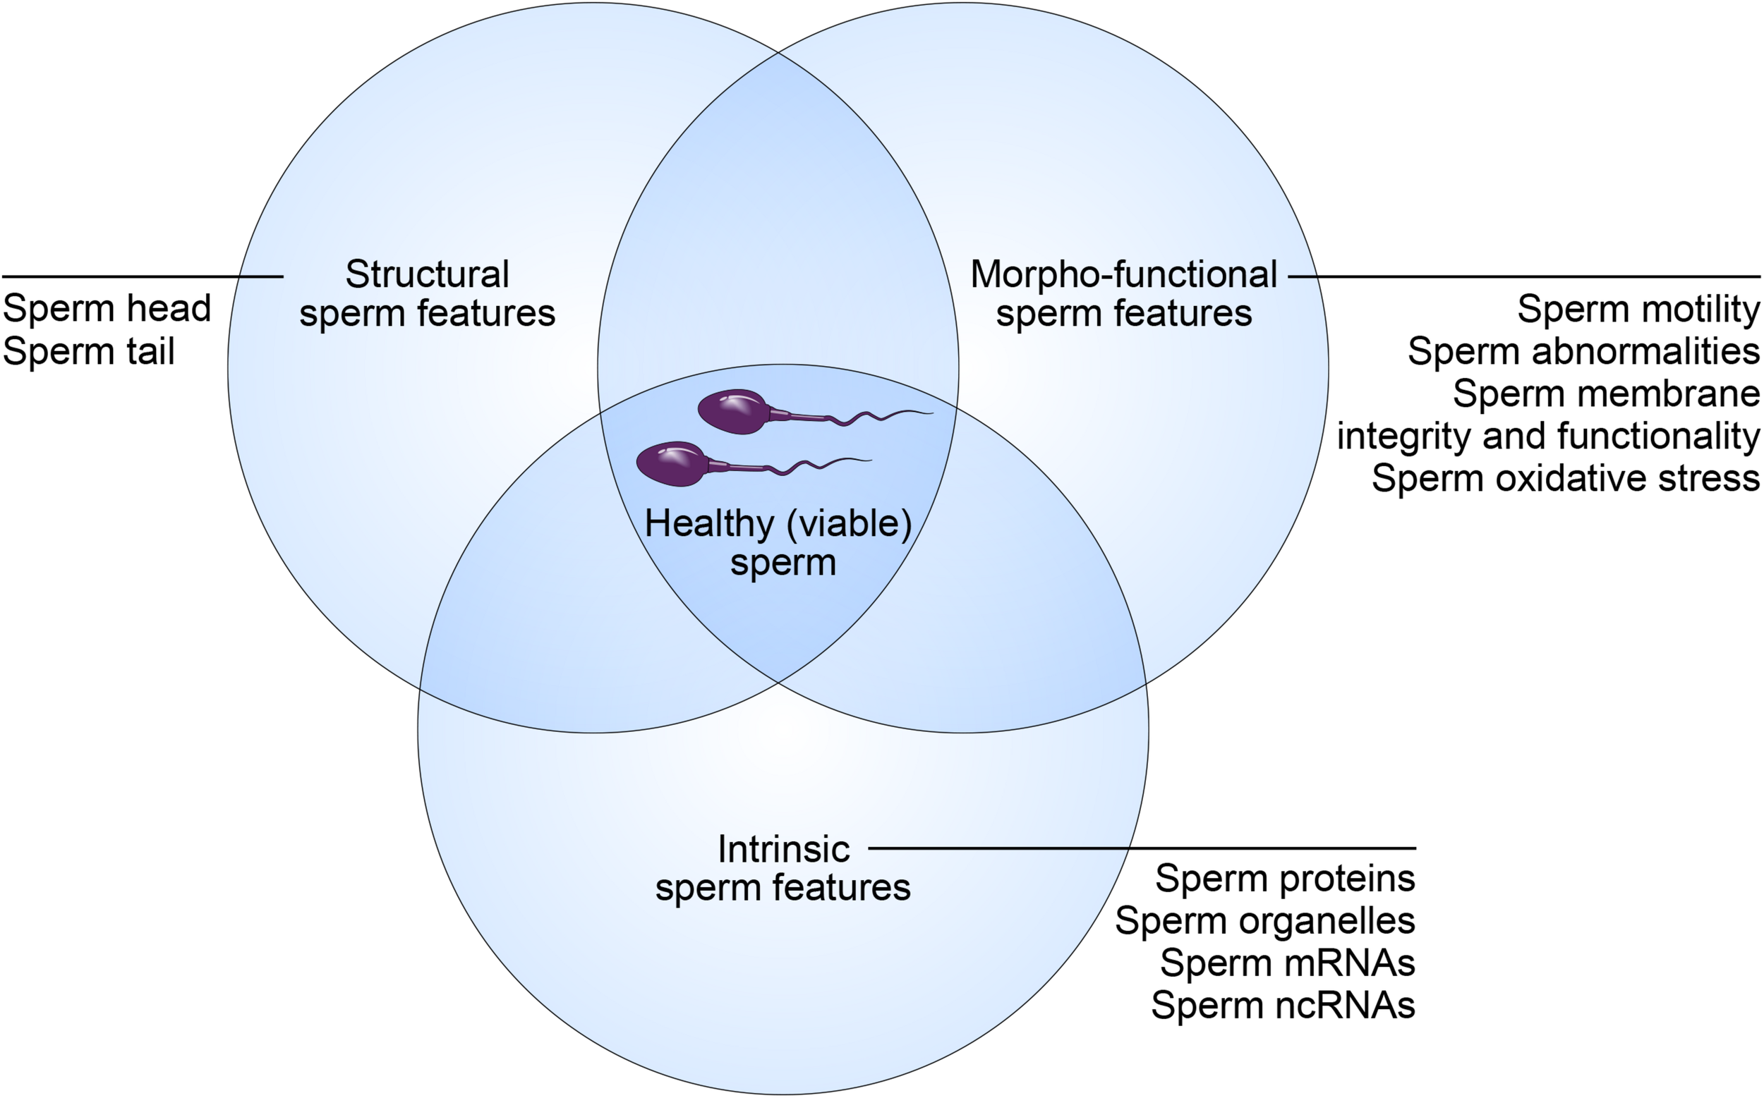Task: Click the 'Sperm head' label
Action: coord(107,309)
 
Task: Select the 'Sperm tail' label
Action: coord(89,351)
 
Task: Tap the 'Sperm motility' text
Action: coord(1638,310)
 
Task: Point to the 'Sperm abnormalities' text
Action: coord(1583,351)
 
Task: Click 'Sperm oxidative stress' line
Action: coord(1565,479)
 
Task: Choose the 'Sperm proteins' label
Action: coord(1284,878)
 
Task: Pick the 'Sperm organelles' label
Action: coord(1265,921)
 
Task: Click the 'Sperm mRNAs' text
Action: coord(1288,963)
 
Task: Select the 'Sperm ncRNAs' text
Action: coord(1283,1005)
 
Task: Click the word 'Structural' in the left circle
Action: coord(427,274)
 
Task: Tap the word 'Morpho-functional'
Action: coord(1123,274)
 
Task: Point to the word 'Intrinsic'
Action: coord(783,849)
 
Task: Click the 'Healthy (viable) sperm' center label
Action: coord(778,542)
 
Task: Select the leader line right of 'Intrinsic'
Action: coord(1141,848)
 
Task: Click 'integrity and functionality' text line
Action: coord(1548,437)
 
